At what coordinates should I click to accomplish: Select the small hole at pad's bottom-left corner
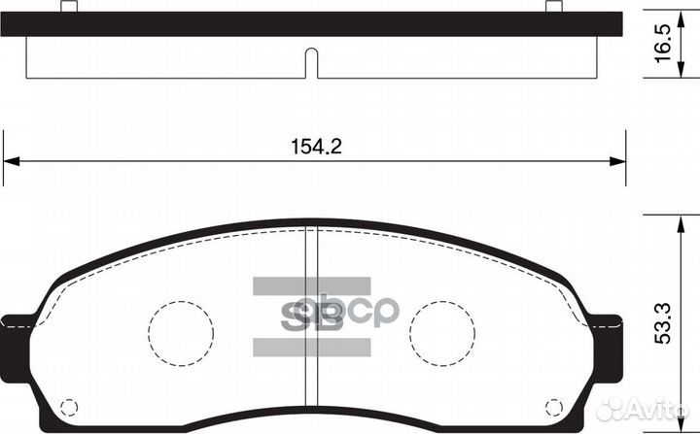[x=68, y=406]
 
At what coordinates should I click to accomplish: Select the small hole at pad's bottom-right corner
[x=553, y=406]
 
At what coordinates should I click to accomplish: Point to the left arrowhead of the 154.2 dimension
[x=12, y=161]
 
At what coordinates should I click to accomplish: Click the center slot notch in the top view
[x=312, y=62]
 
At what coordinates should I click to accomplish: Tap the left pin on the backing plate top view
[x=69, y=7]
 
